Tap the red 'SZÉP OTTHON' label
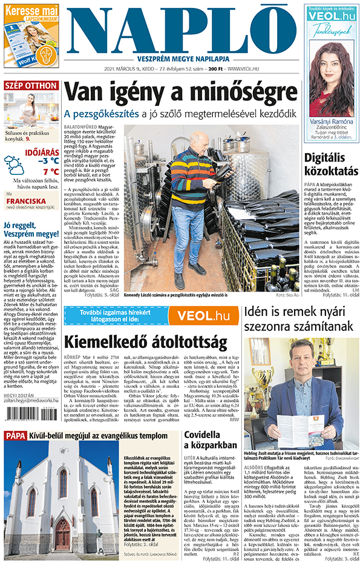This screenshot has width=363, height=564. click(x=31, y=85)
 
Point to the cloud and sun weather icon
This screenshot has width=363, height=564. click(x=14, y=164)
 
